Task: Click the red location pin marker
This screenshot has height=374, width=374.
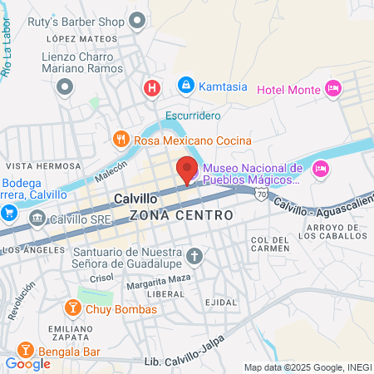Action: (187, 170)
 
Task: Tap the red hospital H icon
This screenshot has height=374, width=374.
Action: (152, 86)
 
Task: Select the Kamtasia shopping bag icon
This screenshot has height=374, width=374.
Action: (186, 86)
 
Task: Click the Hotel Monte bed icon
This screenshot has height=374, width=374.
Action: (333, 88)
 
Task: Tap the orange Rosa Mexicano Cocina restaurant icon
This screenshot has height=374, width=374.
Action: (121, 140)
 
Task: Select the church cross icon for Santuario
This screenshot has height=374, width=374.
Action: (195, 256)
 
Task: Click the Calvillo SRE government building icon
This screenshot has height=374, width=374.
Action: (37, 218)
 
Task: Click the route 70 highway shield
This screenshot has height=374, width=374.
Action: (260, 194)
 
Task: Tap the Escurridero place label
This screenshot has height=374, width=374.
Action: (192, 116)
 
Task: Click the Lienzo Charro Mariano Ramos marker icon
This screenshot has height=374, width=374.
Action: (65, 86)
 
